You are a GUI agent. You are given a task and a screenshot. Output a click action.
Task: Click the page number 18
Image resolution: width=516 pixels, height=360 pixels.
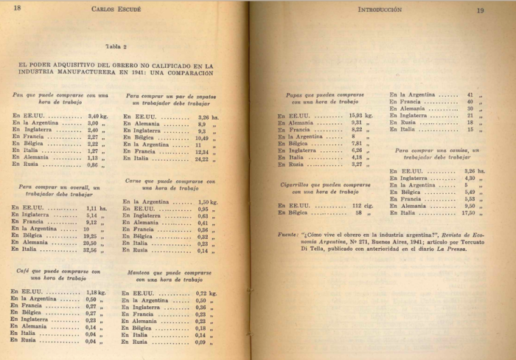18,9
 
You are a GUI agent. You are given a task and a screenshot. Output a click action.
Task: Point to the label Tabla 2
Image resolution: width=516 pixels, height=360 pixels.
116,46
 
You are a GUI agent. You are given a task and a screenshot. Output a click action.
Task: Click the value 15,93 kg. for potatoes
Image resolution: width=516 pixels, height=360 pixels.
360,116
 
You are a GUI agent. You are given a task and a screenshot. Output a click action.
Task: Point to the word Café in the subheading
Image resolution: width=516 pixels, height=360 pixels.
23,271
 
